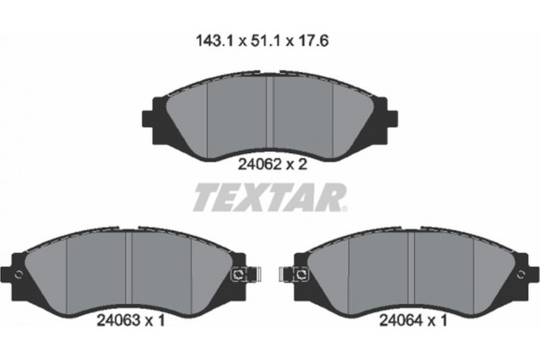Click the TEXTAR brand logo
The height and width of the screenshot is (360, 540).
point(269,196)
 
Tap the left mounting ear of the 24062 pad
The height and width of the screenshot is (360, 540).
point(151,118)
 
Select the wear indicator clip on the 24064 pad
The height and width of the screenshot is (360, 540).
point(298,274)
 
